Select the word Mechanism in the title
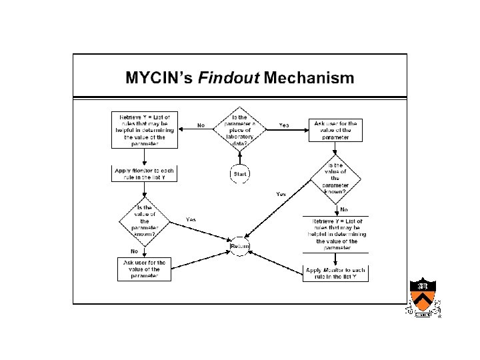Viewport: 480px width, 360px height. (309, 78)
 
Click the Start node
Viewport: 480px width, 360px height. (240, 174)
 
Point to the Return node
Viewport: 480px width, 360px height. (240, 245)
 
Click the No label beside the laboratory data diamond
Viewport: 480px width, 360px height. (201, 125)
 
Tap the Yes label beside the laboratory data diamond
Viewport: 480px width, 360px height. (284, 125)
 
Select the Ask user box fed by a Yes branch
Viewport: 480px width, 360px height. (335, 130)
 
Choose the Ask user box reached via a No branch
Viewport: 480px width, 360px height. (144, 269)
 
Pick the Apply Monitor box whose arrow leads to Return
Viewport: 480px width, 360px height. (335, 273)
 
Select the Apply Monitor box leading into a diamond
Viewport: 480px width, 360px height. (144, 174)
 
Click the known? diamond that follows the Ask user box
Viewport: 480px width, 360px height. (335, 178)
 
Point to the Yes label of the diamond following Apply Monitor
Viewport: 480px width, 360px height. (191, 219)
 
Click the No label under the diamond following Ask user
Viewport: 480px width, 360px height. (344, 210)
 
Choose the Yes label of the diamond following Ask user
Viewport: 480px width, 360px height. (281, 194)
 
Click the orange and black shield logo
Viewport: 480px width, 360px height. (423, 298)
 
